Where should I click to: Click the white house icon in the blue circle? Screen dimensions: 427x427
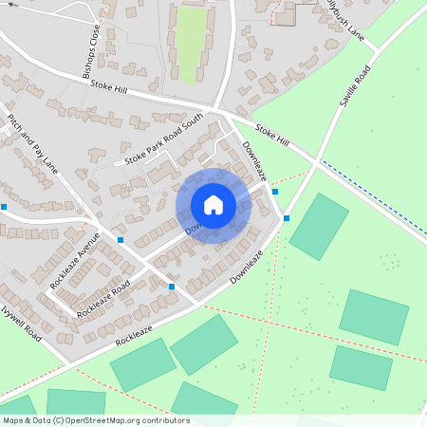[213, 205]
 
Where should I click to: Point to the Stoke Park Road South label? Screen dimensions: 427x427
[163, 139]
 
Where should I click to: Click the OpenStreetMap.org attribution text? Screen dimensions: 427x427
[123, 420]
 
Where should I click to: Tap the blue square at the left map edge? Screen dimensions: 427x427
[4, 206]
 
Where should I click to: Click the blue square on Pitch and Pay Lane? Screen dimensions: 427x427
[120, 240]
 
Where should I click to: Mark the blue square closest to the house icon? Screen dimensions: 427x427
[275, 192]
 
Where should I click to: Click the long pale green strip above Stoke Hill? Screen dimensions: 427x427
[193, 43]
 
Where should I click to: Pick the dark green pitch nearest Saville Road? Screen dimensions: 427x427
[319, 226]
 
